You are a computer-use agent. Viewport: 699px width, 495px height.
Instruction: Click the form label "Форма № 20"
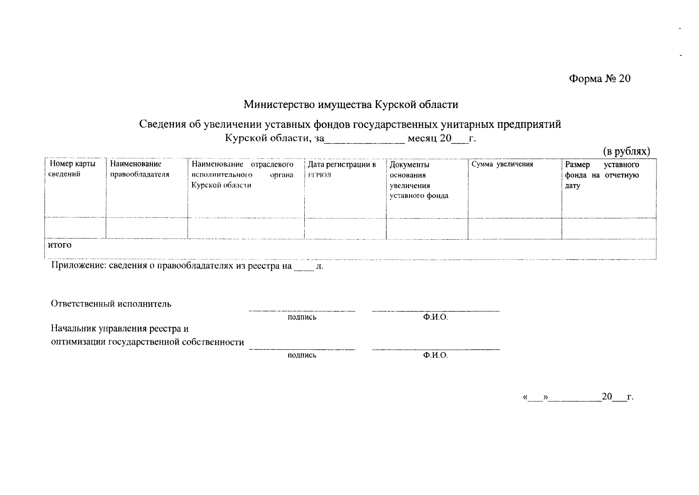pos(600,79)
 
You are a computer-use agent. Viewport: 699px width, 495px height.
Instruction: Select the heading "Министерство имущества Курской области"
pos(351,104)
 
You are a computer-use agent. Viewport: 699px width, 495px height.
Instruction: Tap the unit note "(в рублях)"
pos(626,151)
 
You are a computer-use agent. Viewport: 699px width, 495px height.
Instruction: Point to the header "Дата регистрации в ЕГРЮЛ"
pos(342,170)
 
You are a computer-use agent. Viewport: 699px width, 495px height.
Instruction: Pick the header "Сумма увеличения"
pos(502,164)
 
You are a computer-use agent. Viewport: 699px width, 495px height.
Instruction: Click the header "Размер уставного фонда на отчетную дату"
pos(602,175)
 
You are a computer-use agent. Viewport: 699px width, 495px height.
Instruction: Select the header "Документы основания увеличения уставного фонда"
pos(419,180)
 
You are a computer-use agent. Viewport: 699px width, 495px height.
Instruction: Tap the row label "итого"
pos(60,245)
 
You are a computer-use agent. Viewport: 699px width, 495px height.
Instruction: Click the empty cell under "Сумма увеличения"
pos(514,229)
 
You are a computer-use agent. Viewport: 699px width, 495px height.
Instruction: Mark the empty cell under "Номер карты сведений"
pos(75,229)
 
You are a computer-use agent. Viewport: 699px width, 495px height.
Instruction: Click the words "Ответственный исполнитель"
pos(111,304)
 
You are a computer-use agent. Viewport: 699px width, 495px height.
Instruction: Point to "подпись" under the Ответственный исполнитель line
pos(302,317)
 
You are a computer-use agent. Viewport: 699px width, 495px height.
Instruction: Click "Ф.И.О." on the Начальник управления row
pos(435,355)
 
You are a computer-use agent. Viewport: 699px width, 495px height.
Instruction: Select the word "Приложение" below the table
pos(77,266)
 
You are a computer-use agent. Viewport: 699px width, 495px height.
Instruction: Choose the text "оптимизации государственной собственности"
pos(147,342)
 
